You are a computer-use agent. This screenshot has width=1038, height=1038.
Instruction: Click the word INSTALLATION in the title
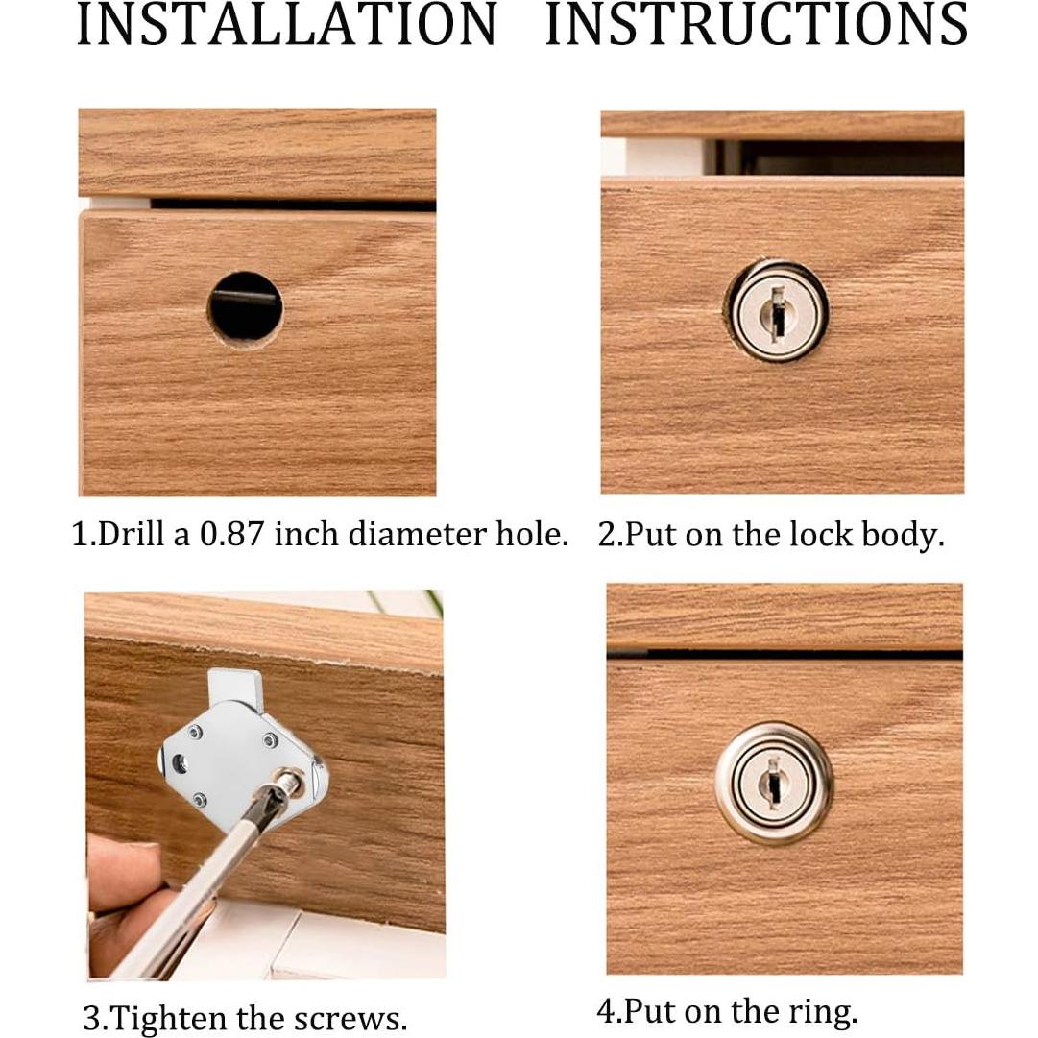pos(287,24)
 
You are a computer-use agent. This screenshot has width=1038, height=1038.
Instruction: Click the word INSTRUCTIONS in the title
pos(757,24)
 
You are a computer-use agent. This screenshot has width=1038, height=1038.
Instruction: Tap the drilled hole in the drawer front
pos(245,308)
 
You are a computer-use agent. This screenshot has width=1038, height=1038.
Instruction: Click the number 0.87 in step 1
pos(232,534)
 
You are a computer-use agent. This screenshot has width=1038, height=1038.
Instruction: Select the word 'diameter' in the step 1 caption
pos(418,534)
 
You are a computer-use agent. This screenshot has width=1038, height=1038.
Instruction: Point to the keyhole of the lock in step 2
pos(777,310)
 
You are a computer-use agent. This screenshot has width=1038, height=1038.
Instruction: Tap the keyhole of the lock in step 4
pos(773,783)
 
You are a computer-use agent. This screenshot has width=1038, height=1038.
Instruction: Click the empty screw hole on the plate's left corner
pos(179,763)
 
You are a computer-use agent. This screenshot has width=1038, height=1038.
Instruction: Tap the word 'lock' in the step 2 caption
pos(792,534)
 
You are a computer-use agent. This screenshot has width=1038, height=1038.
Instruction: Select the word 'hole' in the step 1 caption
pos(532,534)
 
